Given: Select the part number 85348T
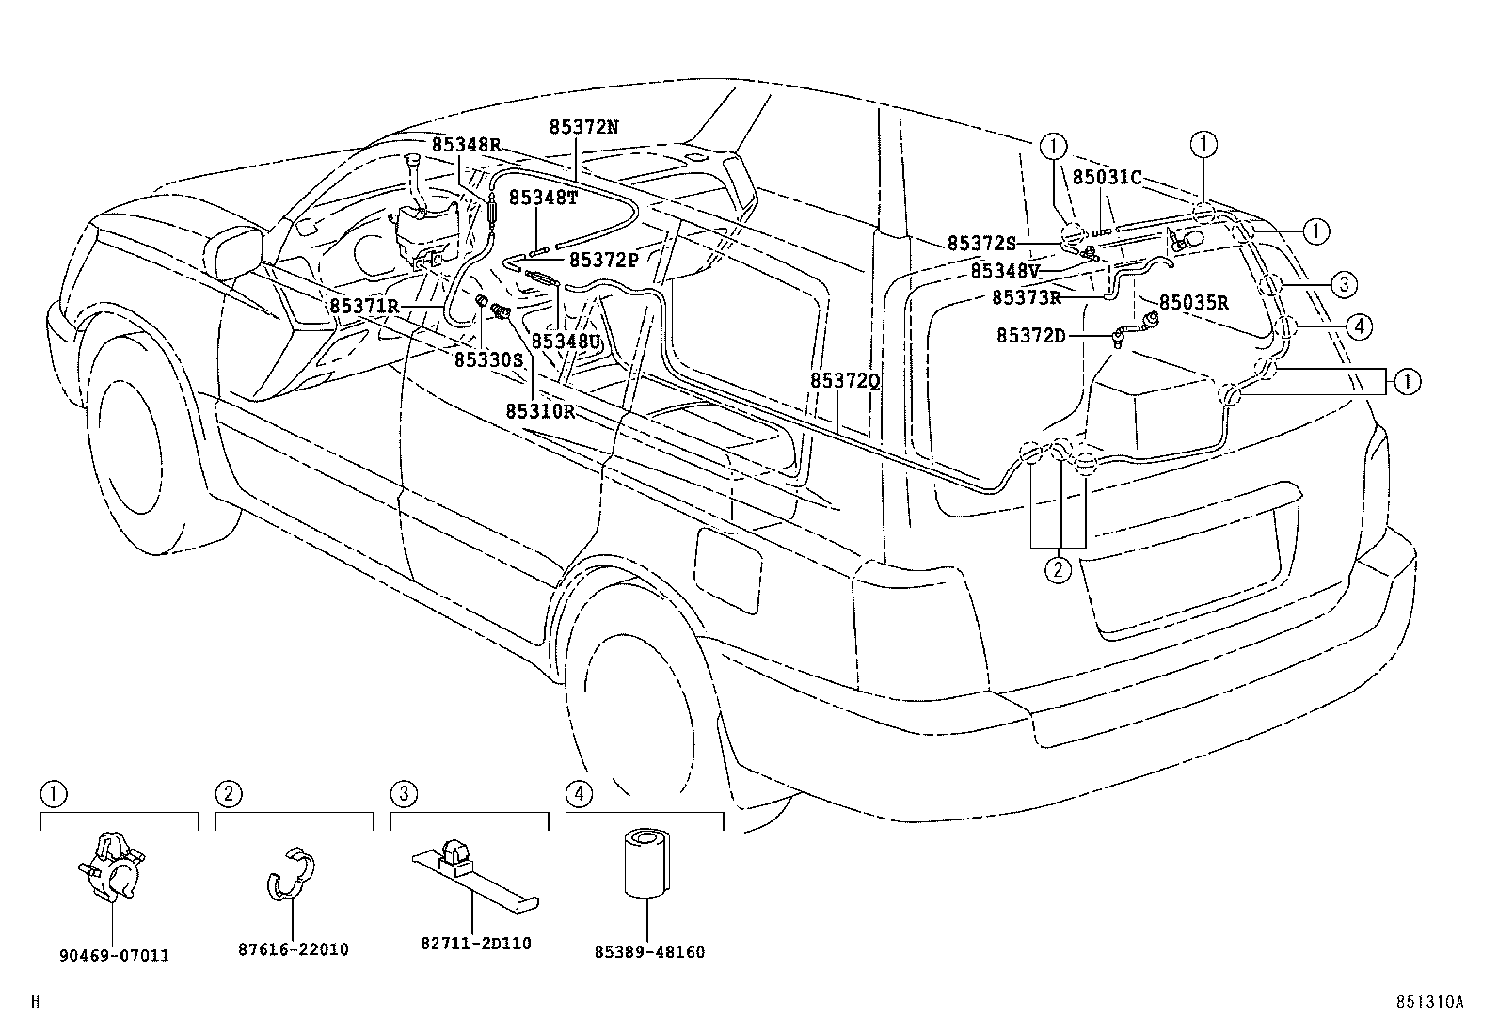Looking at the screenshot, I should click(x=543, y=197).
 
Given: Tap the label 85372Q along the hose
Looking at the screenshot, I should click(x=844, y=380).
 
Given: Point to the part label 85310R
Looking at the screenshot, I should click(x=540, y=411).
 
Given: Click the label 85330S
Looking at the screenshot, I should click(x=488, y=359).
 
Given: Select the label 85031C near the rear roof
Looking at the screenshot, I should click(x=1108, y=177).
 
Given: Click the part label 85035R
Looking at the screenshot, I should click(x=1193, y=303).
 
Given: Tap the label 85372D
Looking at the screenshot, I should click(x=1031, y=336).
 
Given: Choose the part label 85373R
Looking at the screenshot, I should click(x=1027, y=297).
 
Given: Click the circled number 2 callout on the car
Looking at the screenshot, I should click(x=1059, y=568).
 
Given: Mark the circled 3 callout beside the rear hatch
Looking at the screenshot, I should click(x=1345, y=283).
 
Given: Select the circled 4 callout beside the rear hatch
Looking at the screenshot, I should click(x=1357, y=326).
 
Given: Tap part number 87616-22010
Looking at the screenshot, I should click(x=293, y=949).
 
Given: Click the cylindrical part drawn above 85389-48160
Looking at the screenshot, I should click(x=646, y=862).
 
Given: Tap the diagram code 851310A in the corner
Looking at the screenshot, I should click(x=1429, y=1003).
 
